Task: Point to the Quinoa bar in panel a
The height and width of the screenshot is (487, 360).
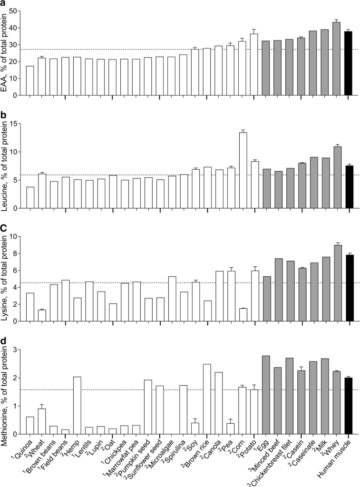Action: click(x=30, y=81)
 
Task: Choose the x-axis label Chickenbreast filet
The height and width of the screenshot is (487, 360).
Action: click(x=276, y=464)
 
